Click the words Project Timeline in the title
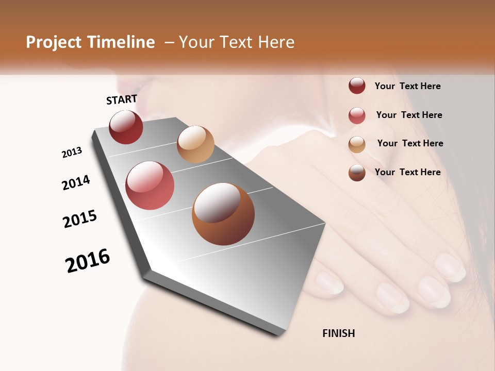click(x=90, y=42)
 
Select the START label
click(x=122, y=99)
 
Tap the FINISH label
click(x=338, y=333)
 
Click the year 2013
click(x=72, y=153)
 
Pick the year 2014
click(x=76, y=182)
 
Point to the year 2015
click(x=80, y=219)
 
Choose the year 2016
click(x=88, y=260)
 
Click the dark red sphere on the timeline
click(x=126, y=127)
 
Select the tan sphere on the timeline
click(x=195, y=144)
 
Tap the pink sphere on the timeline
click(x=150, y=185)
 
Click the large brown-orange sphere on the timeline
click(x=223, y=214)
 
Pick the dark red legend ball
click(x=357, y=86)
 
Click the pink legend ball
click(x=357, y=115)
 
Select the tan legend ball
click(x=357, y=144)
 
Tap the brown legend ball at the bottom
click(x=357, y=173)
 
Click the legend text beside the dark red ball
click(x=407, y=87)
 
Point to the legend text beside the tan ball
click(x=410, y=143)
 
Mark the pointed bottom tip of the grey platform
click(x=278, y=336)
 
